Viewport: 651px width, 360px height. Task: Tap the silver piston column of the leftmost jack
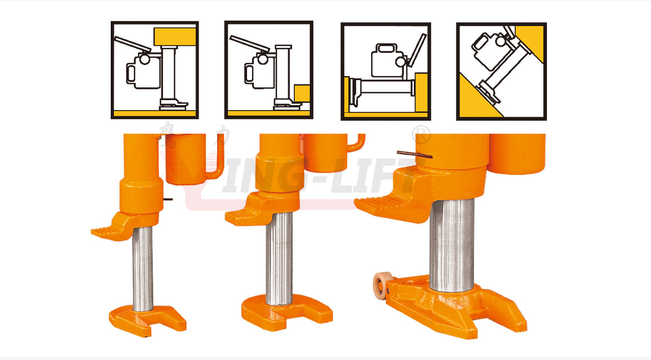142,267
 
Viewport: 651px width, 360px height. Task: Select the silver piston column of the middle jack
279,259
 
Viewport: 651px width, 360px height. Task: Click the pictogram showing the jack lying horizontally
386,71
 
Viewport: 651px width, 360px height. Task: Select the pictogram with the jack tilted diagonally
501,71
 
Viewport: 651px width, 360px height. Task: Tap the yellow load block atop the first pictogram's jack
175,37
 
